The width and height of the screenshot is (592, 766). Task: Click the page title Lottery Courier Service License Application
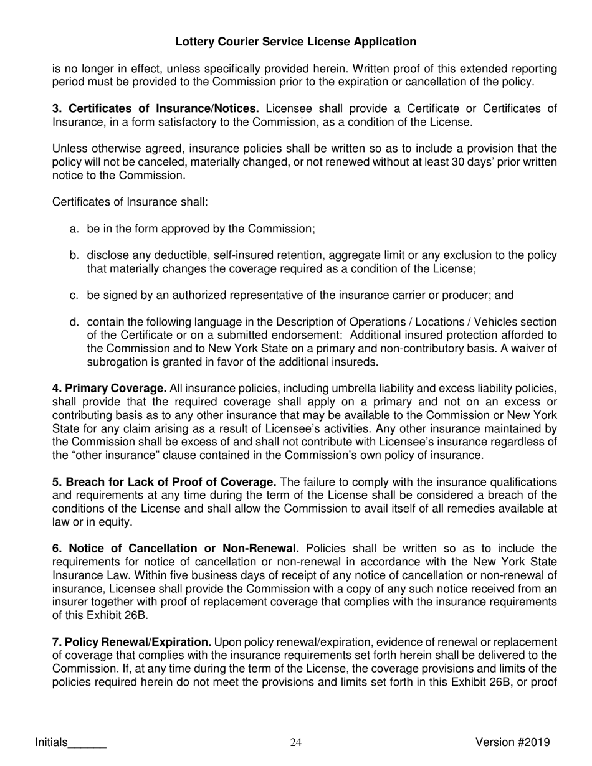click(295, 42)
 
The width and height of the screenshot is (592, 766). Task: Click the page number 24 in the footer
click(296, 742)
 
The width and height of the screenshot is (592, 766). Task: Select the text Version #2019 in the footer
click(512, 742)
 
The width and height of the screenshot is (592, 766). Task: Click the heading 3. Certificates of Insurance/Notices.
click(155, 109)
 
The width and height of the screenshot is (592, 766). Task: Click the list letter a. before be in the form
click(74, 229)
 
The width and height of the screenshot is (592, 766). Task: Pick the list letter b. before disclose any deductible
click(74, 255)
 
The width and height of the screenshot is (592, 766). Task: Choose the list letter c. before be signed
click(74, 295)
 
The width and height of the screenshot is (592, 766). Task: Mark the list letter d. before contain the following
click(74, 322)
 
